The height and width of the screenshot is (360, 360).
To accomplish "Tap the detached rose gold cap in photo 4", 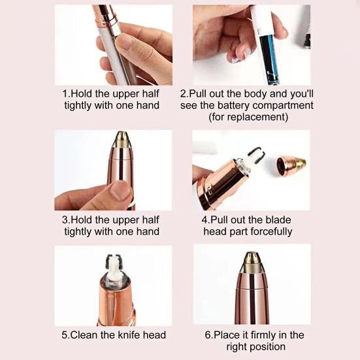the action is click(x=291, y=165).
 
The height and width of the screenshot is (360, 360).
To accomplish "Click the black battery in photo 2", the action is click(x=269, y=59).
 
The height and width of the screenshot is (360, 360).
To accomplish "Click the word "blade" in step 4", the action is click(x=278, y=220).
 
